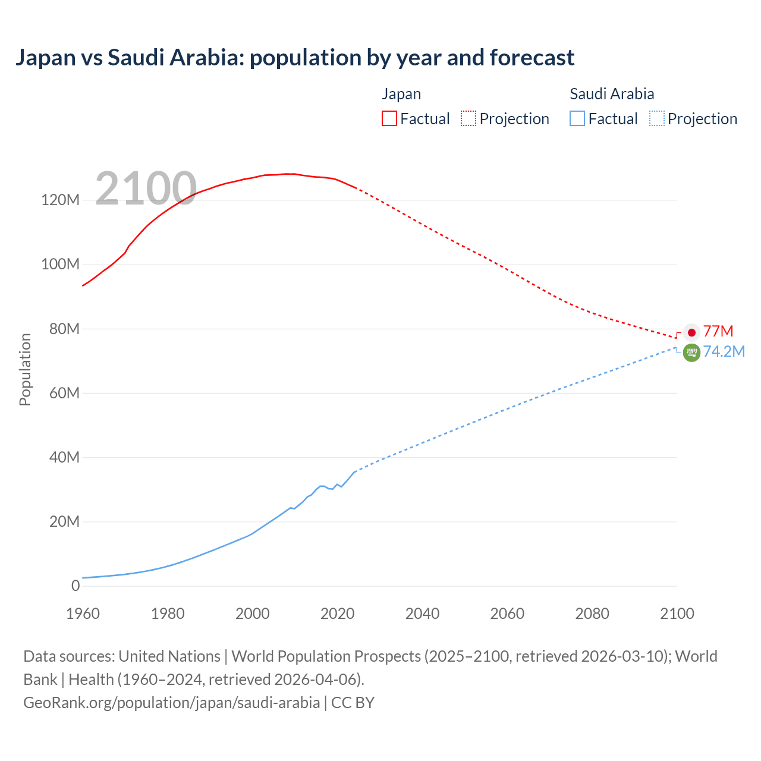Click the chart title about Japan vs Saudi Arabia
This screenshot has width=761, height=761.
[x=295, y=58]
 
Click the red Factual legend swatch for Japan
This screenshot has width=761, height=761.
[x=389, y=119]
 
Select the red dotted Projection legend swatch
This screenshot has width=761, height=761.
[x=468, y=119]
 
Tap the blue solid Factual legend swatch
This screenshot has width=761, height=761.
[x=577, y=119]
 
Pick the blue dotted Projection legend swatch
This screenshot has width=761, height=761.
[x=657, y=119]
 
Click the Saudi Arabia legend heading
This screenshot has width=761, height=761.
[x=612, y=94]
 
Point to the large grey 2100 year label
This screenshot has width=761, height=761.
[x=146, y=188]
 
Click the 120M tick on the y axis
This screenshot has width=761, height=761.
[x=60, y=200]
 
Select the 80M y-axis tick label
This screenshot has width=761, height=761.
[x=64, y=329]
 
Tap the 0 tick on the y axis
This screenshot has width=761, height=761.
[x=75, y=586]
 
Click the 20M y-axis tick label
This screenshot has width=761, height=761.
[x=64, y=521]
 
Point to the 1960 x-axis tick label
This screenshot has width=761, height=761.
[x=83, y=614]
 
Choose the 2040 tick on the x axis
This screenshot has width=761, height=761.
[x=422, y=614]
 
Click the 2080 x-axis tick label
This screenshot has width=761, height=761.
[x=592, y=614]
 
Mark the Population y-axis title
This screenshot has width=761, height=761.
[x=25, y=369]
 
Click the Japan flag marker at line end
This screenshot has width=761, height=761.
[x=691, y=332]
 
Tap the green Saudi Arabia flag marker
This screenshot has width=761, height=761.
[x=691, y=353]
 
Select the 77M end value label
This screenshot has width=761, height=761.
[x=718, y=331]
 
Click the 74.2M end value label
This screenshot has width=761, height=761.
[x=724, y=351]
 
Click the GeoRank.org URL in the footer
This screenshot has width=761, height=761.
[x=171, y=703]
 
